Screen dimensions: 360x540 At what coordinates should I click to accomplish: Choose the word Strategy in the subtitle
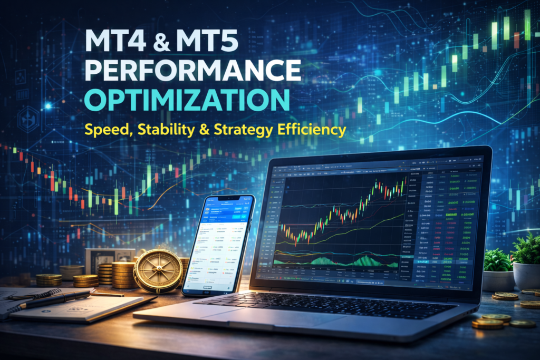pyautogui.click(x=255, y=129)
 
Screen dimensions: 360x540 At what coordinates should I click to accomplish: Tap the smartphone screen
pyautogui.click(x=217, y=245)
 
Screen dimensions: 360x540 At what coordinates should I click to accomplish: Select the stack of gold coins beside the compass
pyautogui.click(x=122, y=274)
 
